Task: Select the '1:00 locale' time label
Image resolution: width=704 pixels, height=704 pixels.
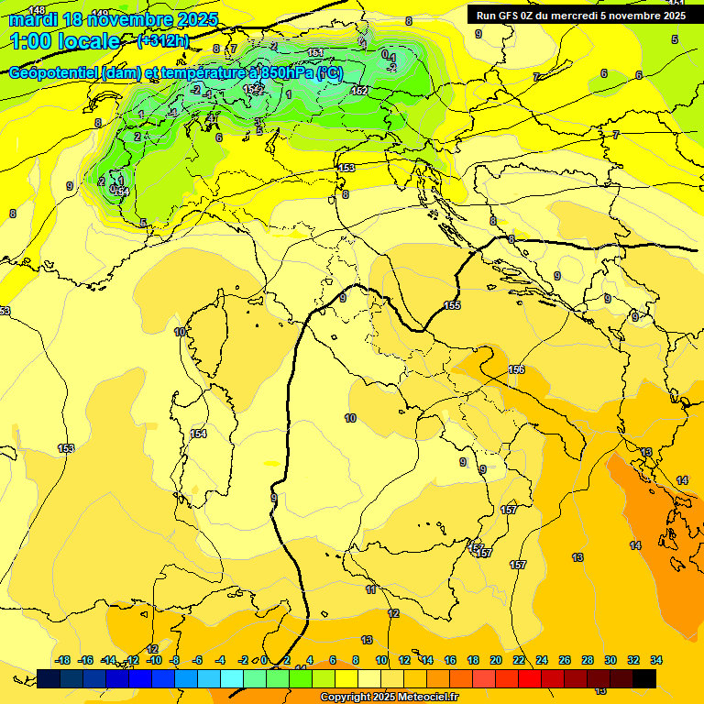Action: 64,41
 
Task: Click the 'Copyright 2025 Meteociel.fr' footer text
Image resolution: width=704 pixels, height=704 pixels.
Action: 389,698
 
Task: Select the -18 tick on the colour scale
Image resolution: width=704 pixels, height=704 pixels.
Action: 63,660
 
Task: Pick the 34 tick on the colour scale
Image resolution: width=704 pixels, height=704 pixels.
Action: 655,660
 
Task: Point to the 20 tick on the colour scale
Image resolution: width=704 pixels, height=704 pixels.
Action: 496,660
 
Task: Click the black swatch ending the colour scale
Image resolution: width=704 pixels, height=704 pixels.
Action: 643,678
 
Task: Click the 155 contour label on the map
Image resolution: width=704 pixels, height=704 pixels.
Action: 452,305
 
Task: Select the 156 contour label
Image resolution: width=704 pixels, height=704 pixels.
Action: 516,369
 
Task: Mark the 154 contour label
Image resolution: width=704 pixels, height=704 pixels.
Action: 199,434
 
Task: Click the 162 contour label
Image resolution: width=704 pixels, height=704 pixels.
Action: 359,90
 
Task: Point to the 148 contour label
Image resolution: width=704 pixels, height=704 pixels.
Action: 37,10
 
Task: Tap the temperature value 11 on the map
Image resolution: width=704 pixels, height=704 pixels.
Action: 370,589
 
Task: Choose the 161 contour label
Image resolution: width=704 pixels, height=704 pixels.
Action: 316,53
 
